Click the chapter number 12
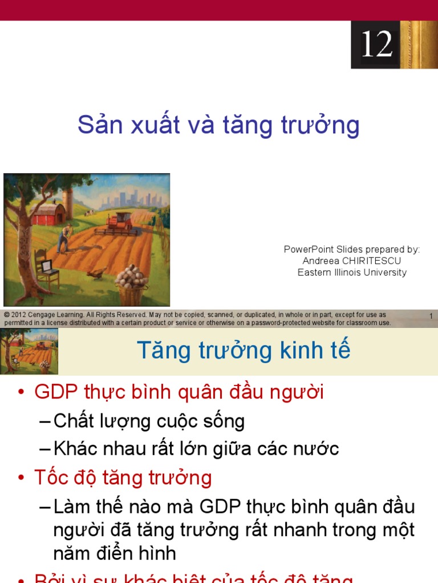[x=377, y=44]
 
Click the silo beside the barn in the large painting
[x=68, y=202]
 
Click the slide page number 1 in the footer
[x=431, y=316]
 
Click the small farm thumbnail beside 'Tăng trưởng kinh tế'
[x=29, y=351]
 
